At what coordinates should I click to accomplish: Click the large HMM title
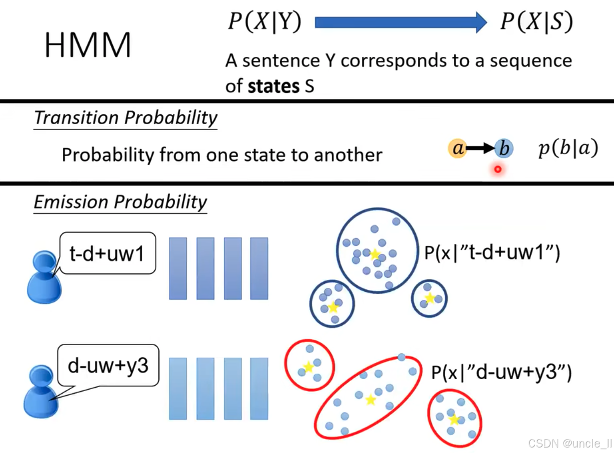pos(88,45)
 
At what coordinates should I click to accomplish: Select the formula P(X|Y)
pos(264,22)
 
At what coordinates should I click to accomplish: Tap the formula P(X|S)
pos(536,22)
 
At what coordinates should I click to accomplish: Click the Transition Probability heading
pos(126,118)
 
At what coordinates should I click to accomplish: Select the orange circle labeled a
pos(458,149)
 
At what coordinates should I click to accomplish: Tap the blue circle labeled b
pos(504,149)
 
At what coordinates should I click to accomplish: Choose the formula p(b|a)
pos(568,149)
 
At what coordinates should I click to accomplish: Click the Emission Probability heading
pos(120,202)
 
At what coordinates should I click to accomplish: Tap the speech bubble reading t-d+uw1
pos(106,254)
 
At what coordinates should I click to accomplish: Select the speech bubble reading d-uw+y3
pos(108,366)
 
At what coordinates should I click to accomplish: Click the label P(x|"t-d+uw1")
pos(492,253)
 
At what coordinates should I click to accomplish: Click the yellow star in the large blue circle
pos(375,254)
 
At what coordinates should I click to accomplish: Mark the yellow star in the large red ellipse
pos(370,400)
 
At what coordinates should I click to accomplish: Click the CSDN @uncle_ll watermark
pos(570,444)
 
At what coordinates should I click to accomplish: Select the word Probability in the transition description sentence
pos(107,155)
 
